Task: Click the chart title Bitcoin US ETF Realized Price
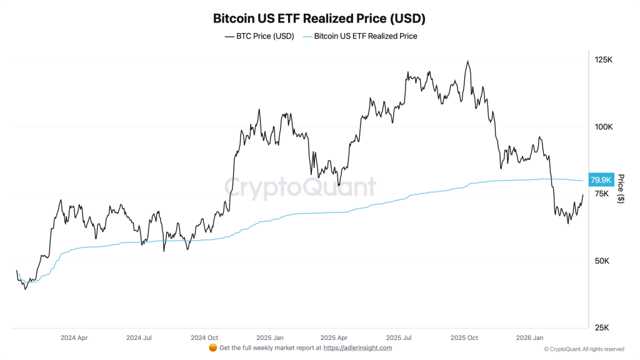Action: click(319, 18)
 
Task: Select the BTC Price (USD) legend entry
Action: click(259, 36)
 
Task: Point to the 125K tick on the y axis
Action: click(603, 59)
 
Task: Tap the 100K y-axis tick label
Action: click(603, 127)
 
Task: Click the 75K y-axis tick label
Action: click(601, 194)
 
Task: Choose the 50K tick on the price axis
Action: click(601, 261)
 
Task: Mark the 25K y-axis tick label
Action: click(601, 327)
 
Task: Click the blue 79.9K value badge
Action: click(601, 180)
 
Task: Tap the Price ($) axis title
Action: click(621, 189)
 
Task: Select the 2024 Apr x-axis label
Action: click(73, 337)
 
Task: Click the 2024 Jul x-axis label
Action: click(139, 337)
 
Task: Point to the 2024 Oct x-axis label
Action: click(205, 337)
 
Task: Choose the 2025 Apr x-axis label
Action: click(334, 337)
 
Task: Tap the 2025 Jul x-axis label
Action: click(399, 337)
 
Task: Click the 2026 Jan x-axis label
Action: click(529, 337)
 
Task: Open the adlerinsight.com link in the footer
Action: click(357, 347)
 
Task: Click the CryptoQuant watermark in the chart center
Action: click(300, 187)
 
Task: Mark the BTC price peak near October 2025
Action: click(467, 61)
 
